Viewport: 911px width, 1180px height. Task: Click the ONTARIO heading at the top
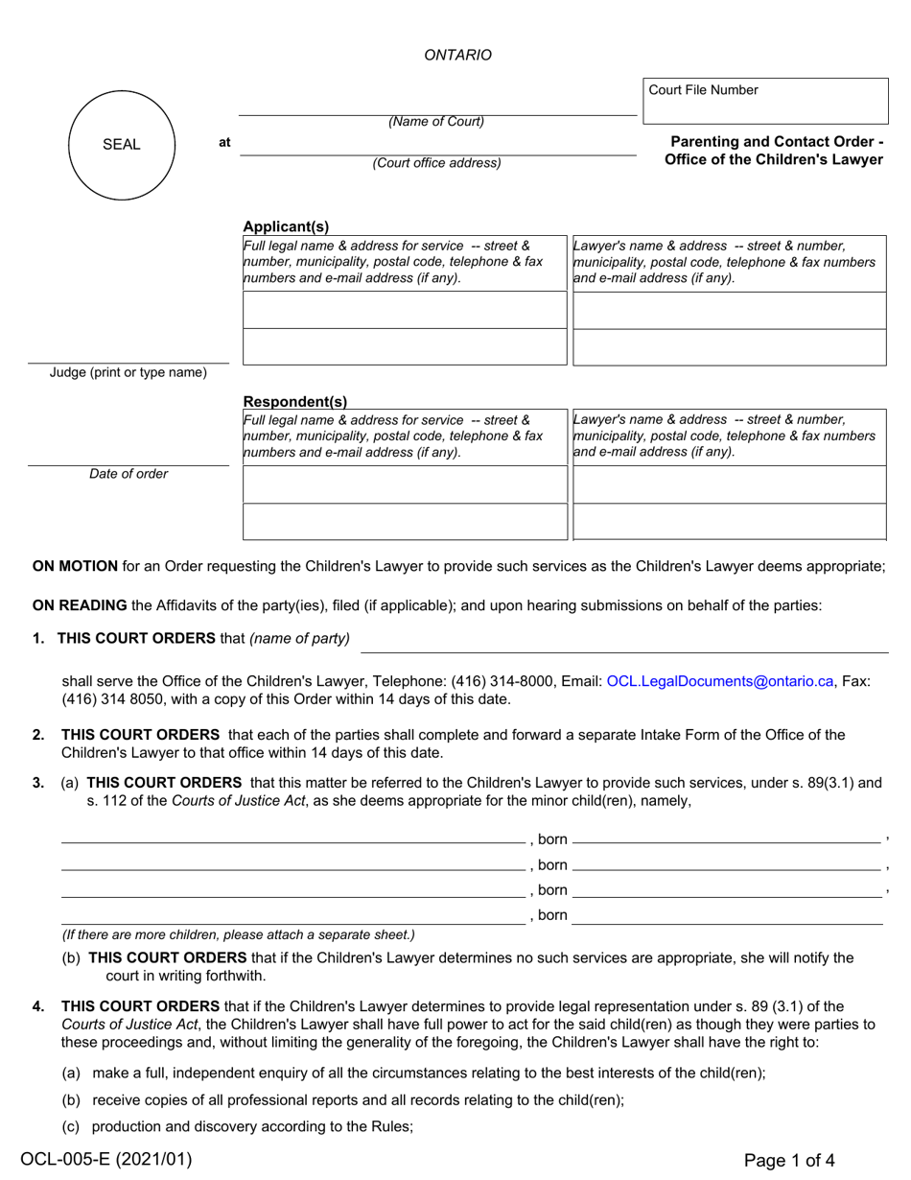(x=457, y=55)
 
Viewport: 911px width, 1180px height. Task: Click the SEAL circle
(x=122, y=145)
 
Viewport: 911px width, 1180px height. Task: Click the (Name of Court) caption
(x=436, y=122)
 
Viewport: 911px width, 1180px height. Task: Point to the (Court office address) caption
(x=436, y=163)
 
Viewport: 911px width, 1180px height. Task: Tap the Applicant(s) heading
(x=285, y=226)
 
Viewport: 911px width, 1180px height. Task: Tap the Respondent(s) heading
(x=294, y=402)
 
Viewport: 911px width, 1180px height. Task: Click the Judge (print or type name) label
(x=128, y=372)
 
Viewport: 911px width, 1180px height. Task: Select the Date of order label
(x=128, y=474)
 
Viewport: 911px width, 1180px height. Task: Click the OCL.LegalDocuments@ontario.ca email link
(x=720, y=681)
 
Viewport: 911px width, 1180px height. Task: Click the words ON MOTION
(x=75, y=566)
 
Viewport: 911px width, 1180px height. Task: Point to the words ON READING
(x=80, y=604)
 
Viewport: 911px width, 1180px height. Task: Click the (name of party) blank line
(x=623, y=644)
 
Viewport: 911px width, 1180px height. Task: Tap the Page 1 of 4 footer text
(x=788, y=1160)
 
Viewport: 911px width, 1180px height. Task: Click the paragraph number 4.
(x=38, y=1006)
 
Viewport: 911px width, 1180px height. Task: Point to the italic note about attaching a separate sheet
(x=238, y=934)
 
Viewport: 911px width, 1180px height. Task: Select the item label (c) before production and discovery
(x=72, y=1126)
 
